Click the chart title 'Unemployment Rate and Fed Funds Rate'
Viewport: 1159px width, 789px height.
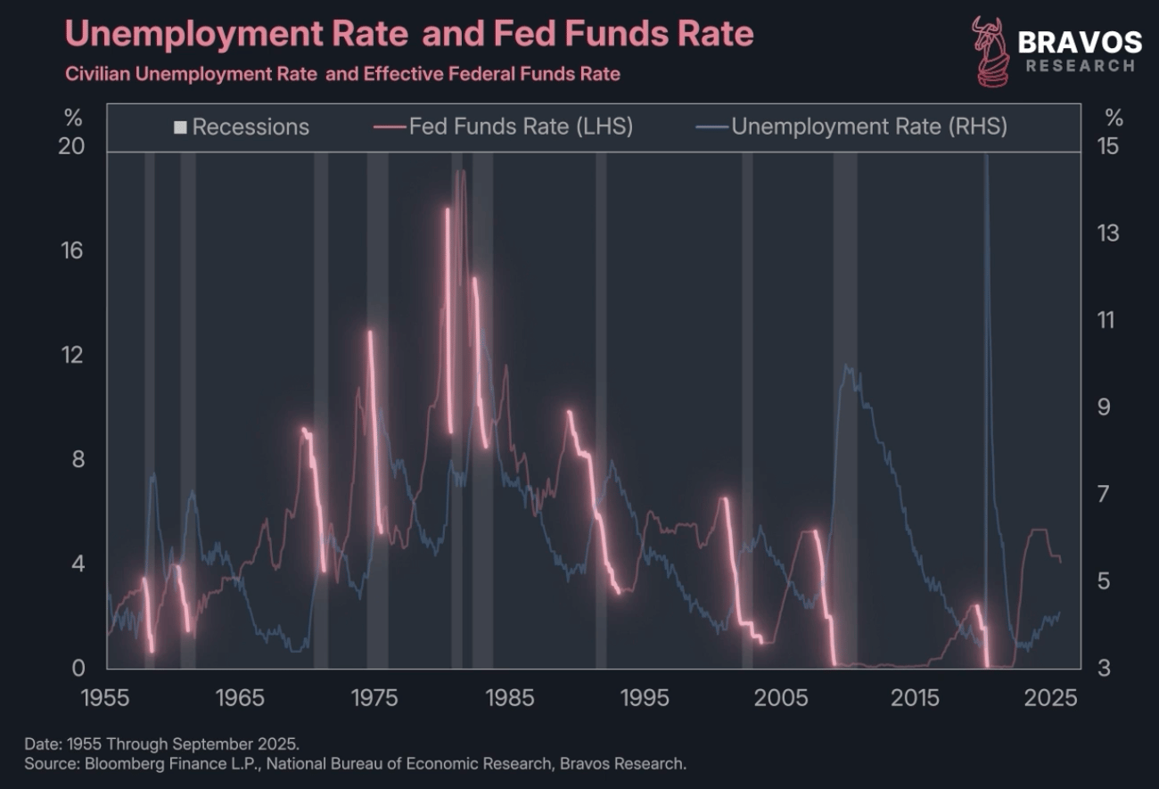click(409, 35)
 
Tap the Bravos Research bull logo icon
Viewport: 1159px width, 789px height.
click(990, 51)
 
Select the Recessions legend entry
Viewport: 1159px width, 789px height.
click(242, 127)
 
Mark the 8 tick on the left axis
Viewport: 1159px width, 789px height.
click(71, 459)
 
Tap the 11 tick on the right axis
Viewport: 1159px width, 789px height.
click(1106, 319)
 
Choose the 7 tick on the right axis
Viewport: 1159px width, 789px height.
click(1106, 494)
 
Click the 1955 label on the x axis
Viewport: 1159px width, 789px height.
click(106, 696)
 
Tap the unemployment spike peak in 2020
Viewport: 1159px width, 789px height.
click(985, 156)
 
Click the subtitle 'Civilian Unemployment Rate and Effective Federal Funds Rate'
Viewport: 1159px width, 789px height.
click(342, 74)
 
